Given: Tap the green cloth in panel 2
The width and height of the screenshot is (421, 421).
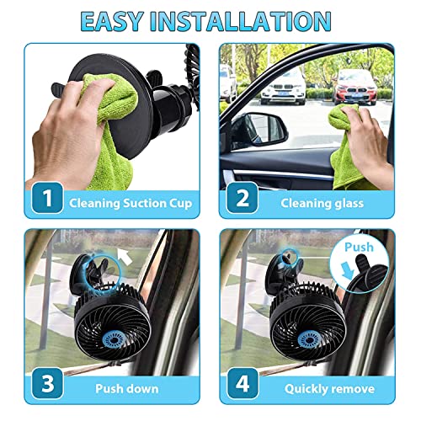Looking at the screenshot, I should pyautogui.click(x=357, y=152).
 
